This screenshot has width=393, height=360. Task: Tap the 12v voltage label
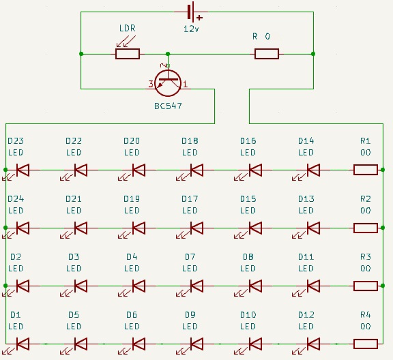(x=192, y=30)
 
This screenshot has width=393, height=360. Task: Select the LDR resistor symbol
(x=128, y=54)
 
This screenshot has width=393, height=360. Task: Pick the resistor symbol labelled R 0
(x=267, y=54)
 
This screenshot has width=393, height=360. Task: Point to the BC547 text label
(x=168, y=106)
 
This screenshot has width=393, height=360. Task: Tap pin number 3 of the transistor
(x=151, y=84)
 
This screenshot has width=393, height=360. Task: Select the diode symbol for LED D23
(x=23, y=170)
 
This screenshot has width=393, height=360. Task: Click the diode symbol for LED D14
(x=313, y=170)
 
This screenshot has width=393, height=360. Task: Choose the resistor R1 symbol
(x=366, y=170)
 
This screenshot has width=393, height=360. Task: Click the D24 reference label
(x=16, y=199)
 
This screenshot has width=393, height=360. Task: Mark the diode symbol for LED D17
(x=196, y=228)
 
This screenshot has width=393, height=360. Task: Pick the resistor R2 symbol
(x=366, y=228)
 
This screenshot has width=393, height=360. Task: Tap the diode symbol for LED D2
(x=23, y=286)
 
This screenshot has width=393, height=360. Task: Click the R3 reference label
(x=366, y=257)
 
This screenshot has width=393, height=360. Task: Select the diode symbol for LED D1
(x=23, y=344)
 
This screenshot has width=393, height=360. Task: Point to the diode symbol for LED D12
(x=313, y=344)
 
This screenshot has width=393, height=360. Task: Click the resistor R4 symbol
(x=366, y=344)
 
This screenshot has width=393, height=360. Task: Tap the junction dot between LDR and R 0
(x=168, y=54)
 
